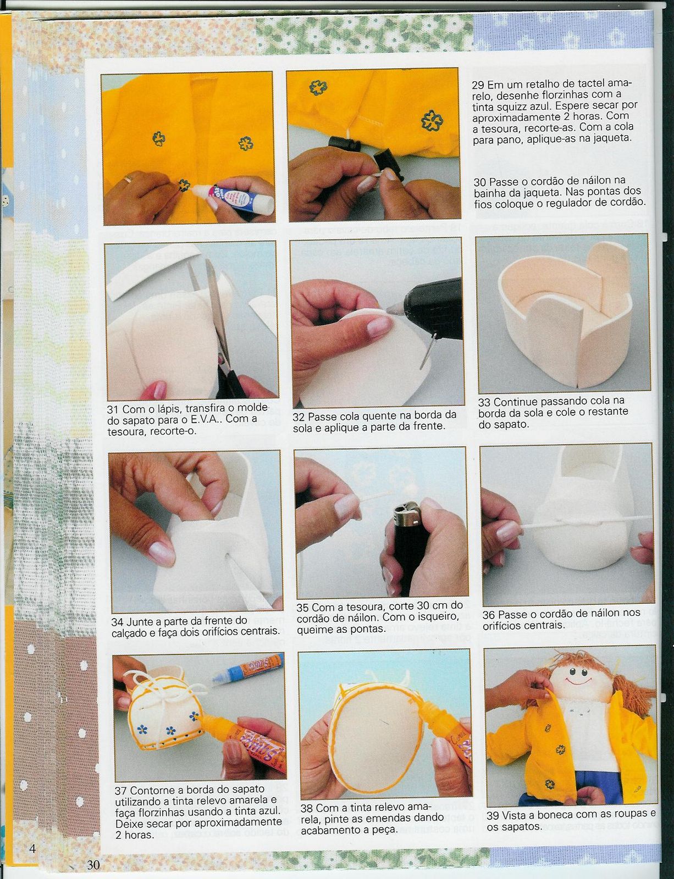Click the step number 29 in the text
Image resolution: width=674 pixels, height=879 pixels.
pyautogui.click(x=478, y=85)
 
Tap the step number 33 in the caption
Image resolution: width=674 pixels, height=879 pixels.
pyautogui.click(x=484, y=403)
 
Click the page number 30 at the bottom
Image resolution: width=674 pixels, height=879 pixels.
pyautogui.click(x=93, y=864)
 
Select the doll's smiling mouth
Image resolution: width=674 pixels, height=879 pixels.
pyautogui.click(x=578, y=681)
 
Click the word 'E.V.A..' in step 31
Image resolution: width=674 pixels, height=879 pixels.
pyautogui.click(x=206, y=419)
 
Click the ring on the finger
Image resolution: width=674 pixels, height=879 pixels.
pyautogui.click(x=128, y=179)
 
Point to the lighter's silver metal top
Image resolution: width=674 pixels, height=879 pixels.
pyautogui.click(x=407, y=509)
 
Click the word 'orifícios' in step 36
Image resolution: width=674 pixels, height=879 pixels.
pyautogui.click(x=504, y=625)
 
